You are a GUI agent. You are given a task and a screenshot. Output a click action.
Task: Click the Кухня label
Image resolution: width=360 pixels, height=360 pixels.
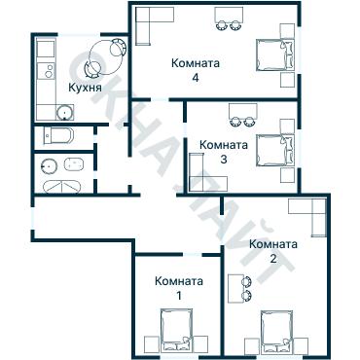(85, 88)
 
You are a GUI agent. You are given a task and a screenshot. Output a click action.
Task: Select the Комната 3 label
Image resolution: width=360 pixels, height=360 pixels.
(224, 152)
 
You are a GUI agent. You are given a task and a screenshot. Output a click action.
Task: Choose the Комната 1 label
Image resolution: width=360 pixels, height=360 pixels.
(179, 288)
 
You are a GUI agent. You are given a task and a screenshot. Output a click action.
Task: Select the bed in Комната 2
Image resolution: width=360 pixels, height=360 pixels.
(283, 333)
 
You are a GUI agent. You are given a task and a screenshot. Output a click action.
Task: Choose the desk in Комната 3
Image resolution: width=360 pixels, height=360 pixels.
(240, 118)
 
